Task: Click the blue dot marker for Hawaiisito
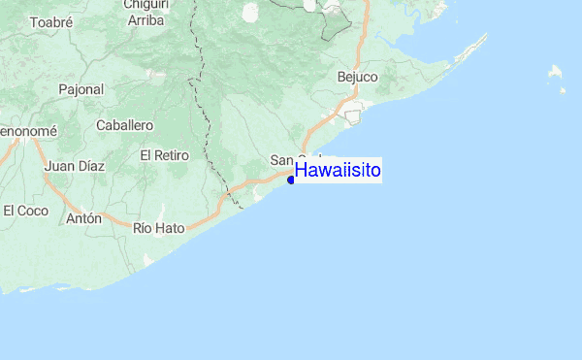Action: click(291, 179)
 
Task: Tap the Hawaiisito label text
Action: click(338, 171)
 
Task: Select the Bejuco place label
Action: click(357, 76)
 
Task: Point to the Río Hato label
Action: click(158, 228)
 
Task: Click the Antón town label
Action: click(84, 218)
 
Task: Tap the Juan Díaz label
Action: click(75, 166)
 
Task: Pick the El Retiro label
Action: click(162, 154)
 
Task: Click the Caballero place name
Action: click(125, 125)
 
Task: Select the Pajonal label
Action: click(81, 89)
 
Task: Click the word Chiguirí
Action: click(146, 5)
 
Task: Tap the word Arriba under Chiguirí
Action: click(146, 19)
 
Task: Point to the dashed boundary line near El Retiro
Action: click(208, 121)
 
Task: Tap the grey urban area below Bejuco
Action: click(353, 116)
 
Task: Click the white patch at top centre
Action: click(250, 12)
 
